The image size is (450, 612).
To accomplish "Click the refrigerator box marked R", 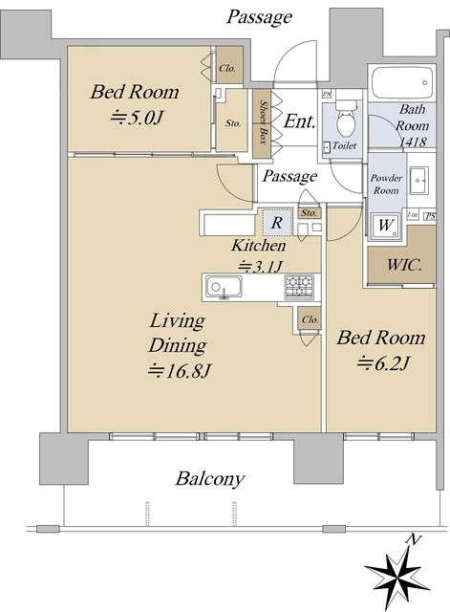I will [x=276, y=222].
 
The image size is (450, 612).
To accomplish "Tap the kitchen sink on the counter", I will [x=226, y=286].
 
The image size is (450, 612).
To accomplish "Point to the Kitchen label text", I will [x=258, y=246].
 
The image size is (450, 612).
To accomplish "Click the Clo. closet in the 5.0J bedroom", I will [x=227, y=68].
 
